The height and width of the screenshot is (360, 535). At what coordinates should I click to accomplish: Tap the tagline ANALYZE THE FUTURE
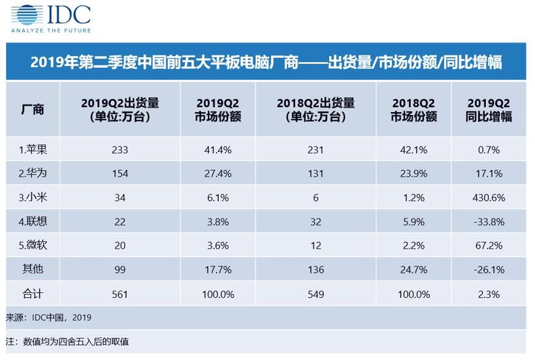(x=51, y=30)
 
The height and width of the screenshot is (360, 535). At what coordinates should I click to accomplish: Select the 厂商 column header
(x=33, y=110)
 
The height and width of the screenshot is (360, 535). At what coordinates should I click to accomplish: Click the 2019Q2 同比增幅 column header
(x=489, y=110)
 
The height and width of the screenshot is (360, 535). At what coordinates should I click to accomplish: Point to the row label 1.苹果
(x=33, y=150)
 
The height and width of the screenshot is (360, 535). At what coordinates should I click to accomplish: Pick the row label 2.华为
(x=33, y=173)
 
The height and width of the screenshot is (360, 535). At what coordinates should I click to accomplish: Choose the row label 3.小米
(x=33, y=198)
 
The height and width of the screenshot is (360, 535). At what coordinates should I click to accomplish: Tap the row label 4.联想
(x=33, y=222)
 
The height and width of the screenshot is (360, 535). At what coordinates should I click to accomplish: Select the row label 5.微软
(x=33, y=246)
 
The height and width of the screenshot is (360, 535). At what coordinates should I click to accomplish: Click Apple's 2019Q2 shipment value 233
(x=120, y=150)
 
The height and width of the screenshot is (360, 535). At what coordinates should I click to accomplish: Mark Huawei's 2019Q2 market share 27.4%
(x=218, y=174)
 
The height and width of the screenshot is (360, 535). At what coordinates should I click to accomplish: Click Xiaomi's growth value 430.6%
(x=489, y=198)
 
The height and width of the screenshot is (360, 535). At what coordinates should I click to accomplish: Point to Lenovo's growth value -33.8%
(x=489, y=222)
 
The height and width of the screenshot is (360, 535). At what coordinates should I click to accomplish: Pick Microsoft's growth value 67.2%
(x=489, y=246)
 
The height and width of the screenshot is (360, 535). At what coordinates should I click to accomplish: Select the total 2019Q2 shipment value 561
(x=120, y=294)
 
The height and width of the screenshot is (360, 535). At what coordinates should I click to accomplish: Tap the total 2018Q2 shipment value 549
(x=315, y=294)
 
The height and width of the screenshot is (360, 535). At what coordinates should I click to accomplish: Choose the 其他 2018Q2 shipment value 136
(x=315, y=270)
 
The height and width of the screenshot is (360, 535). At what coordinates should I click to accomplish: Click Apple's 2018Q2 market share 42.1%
(x=413, y=150)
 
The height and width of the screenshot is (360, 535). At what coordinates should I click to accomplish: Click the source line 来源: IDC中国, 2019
(x=49, y=318)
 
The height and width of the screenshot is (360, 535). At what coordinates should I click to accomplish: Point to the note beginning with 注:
(x=67, y=342)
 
